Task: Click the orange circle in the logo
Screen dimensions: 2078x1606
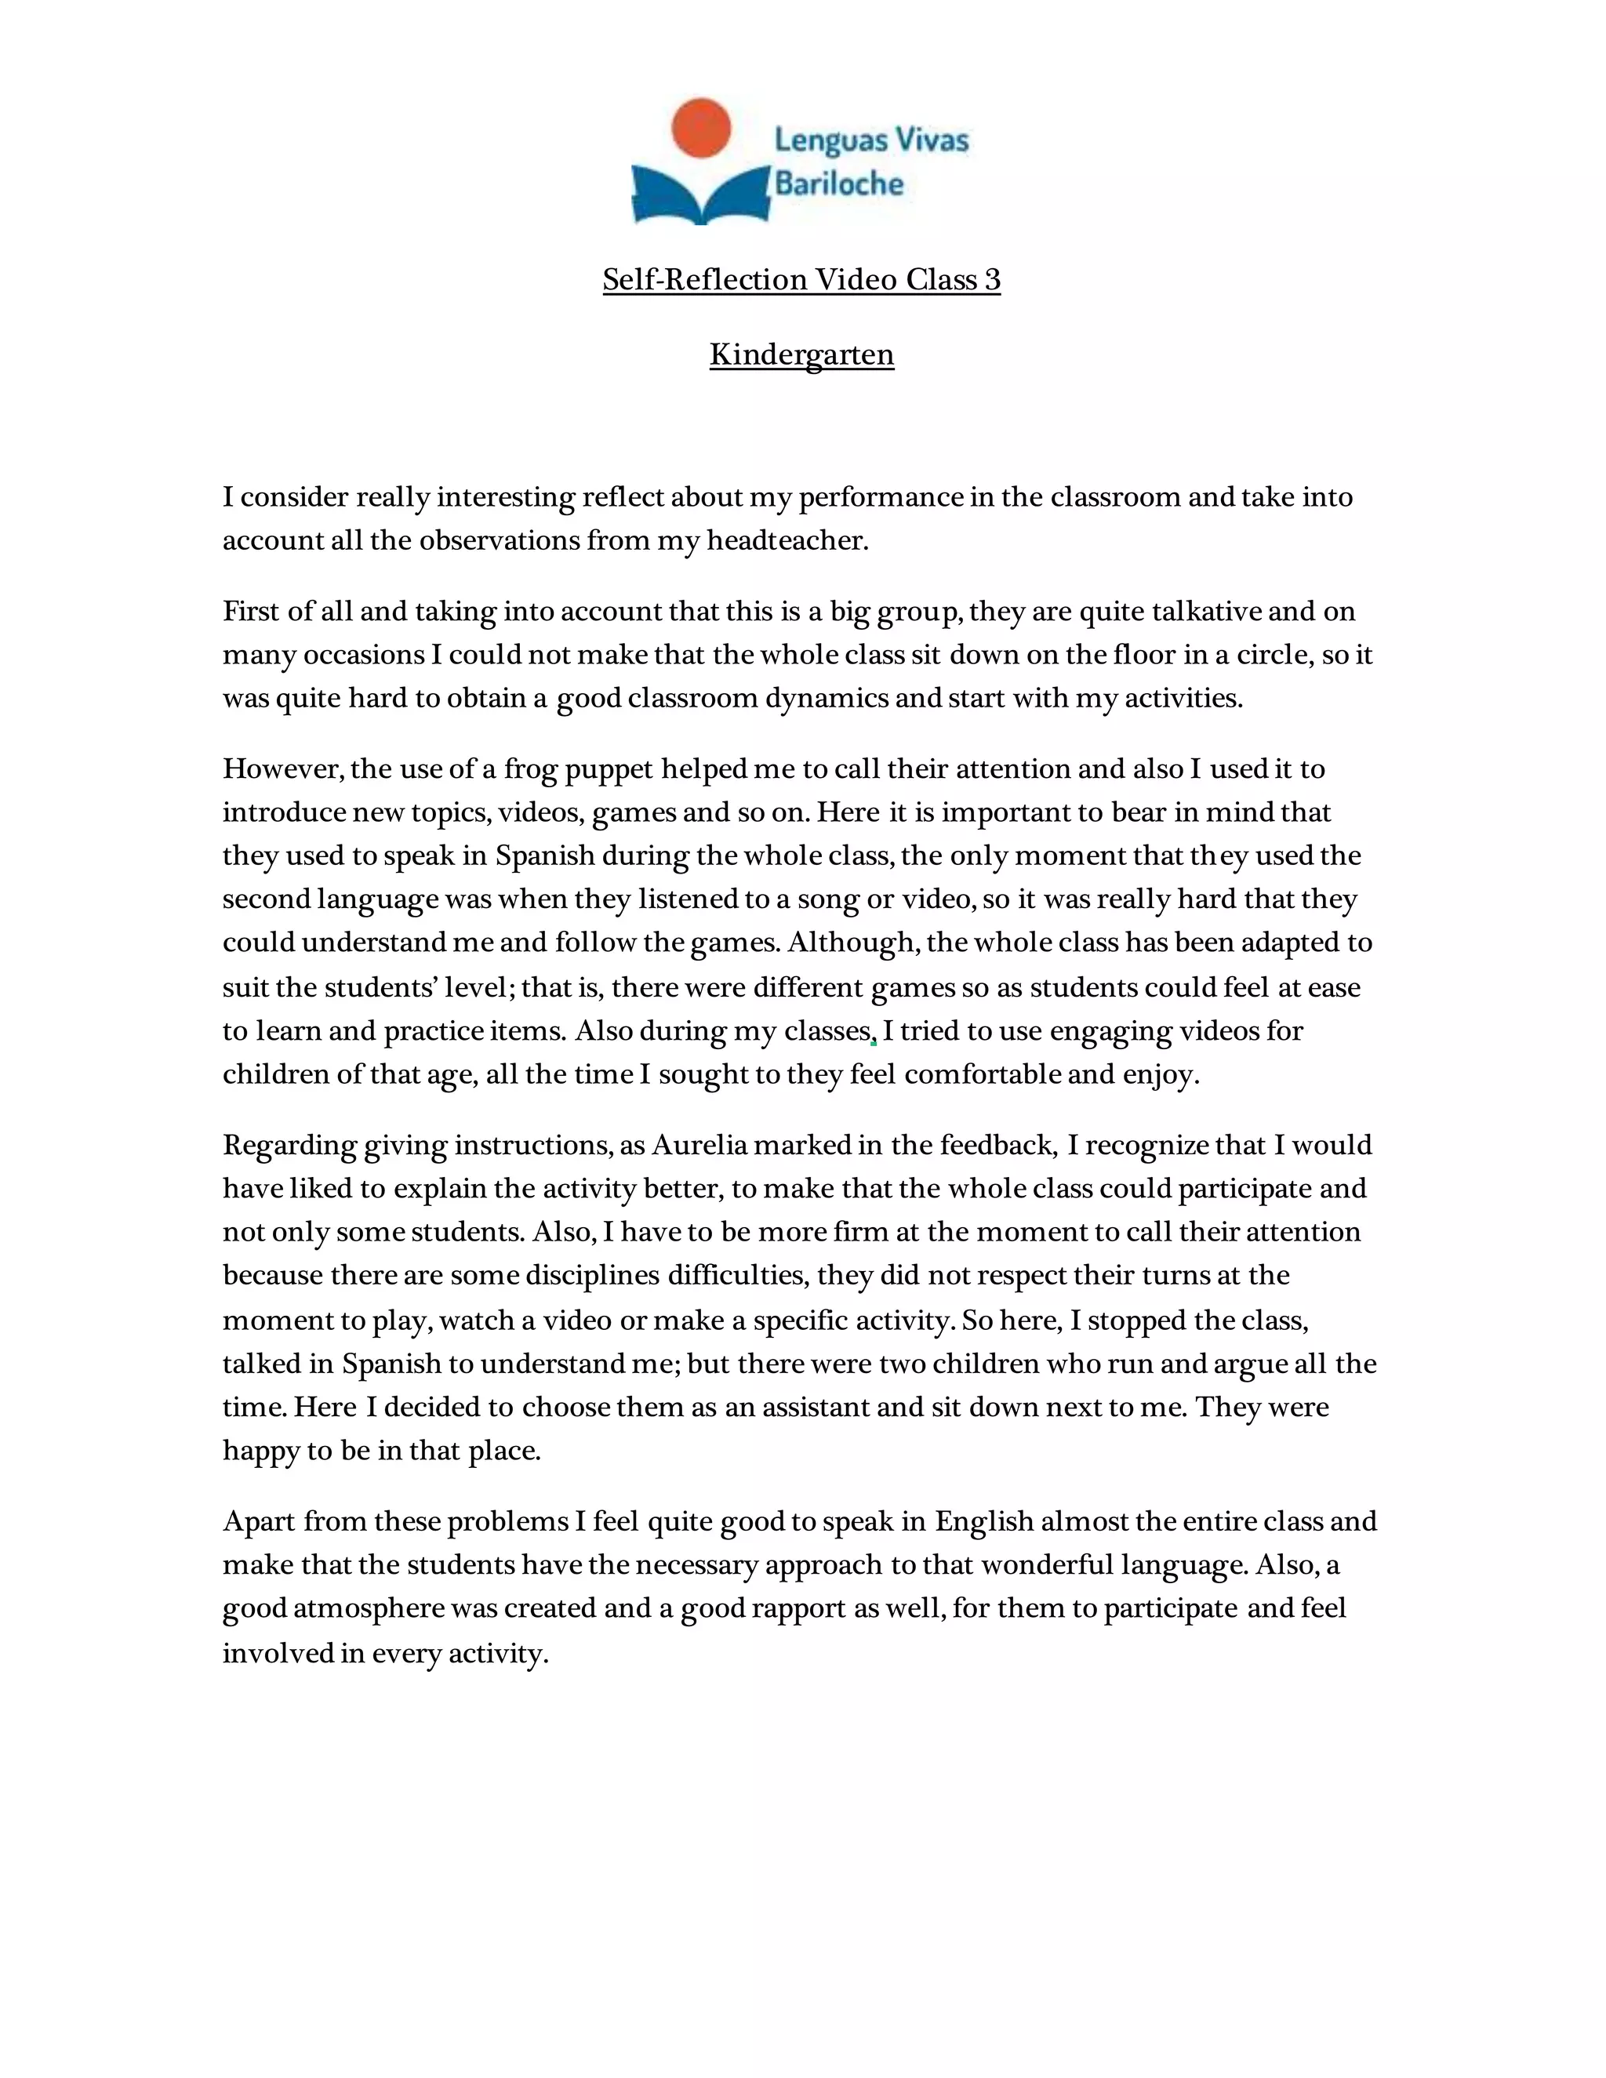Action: tap(701, 128)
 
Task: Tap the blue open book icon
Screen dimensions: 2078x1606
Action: tap(701, 195)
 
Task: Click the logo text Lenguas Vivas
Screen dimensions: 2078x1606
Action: tap(871, 141)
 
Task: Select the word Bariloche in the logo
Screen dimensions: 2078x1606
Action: tap(839, 183)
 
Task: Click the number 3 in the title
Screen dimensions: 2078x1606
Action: tap(992, 280)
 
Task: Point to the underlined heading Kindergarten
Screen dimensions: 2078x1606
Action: tap(801, 355)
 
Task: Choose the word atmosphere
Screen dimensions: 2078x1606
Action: tap(369, 1608)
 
